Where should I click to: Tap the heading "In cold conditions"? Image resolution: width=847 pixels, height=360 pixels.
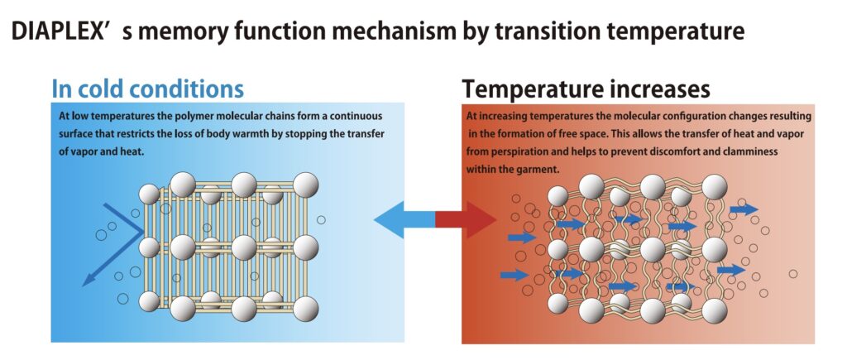click(x=147, y=89)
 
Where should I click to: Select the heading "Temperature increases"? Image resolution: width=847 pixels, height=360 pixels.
click(x=586, y=89)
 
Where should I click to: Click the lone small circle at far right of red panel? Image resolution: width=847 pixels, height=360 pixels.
click(x=793, y=273)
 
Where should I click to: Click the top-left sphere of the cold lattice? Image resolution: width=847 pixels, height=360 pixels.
click(x=149, y=194)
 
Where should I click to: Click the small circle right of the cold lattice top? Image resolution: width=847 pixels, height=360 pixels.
click(x=322, y=220)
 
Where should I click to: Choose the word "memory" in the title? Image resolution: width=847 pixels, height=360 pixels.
click(x=179, y=32)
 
